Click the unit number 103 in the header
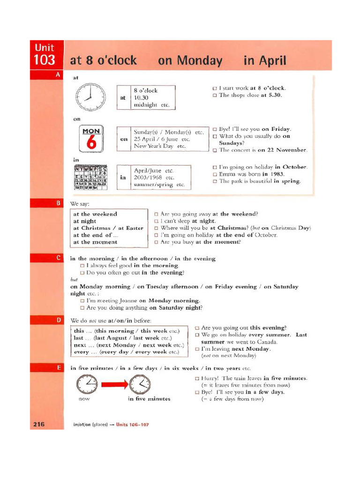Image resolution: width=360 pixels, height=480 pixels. (x=45, y=60)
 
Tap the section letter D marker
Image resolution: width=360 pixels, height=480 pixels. (x=58, y=320)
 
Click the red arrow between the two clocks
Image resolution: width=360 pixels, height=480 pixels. (x=114, y=385)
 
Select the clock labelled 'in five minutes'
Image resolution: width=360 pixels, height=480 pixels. (x=140, y=385)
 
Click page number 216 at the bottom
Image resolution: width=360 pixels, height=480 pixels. (x=38, y=424)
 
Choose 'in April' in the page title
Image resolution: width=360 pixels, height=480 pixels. (x=264, y=60)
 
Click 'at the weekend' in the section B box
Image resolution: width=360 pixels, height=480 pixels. (x=95, y=214)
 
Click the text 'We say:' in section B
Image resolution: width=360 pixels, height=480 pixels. (x=80, y=203)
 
